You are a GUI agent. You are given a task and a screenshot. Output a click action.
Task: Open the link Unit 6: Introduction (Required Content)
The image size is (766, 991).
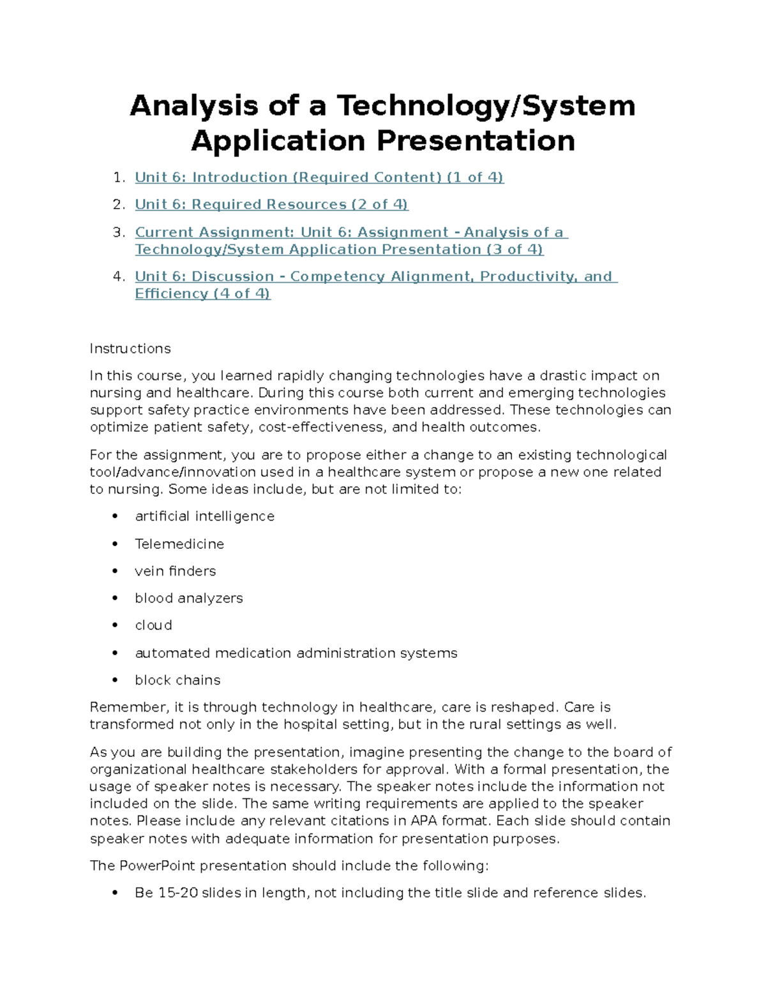point(319,177)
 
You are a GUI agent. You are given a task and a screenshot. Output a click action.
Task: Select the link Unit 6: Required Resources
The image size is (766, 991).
point(271,205)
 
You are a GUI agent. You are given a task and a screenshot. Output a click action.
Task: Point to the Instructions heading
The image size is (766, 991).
point(130,349)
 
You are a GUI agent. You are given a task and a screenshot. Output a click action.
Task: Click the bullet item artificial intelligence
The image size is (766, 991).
point(204,516)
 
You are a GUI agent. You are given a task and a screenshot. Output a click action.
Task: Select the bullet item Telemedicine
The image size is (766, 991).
point(179,544)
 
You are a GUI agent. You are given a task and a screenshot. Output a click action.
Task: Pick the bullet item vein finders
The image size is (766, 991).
point(175,571)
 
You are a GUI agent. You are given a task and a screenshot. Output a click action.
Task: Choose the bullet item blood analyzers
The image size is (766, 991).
point(189,599)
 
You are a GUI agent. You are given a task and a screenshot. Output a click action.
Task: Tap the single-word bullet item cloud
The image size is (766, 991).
point(153,625)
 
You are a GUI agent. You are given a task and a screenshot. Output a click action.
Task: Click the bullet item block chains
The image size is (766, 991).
point(177,680)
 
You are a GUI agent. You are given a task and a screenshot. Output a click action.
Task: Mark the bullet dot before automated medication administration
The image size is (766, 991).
point(115,653)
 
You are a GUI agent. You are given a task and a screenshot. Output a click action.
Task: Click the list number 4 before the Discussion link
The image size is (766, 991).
point(117,277)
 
